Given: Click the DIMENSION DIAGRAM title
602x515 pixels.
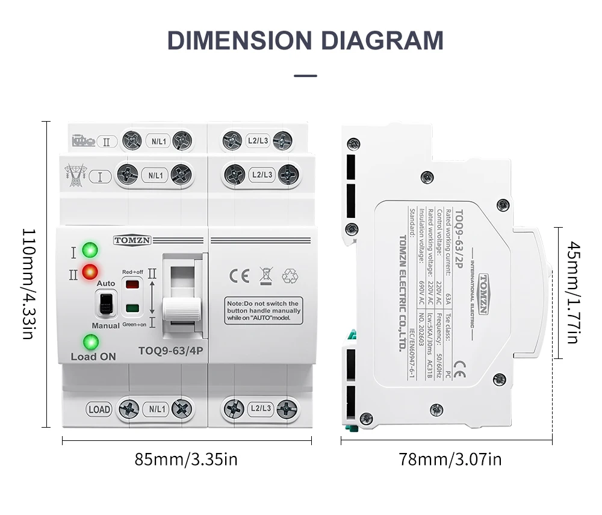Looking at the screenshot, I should point(305,40).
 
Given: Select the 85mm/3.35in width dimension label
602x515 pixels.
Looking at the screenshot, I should point(186,460).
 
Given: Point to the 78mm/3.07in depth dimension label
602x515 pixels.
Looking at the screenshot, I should point(450,460).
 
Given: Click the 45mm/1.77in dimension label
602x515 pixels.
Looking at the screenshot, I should point(573,293).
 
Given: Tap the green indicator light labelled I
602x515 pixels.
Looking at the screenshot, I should point(90,249).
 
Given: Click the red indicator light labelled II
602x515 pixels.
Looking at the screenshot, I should point(90,271).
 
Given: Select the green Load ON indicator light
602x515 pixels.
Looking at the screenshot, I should point(91,342).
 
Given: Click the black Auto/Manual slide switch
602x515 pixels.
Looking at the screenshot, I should point(105,304).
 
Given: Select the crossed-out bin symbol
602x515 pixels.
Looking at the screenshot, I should point(265,275).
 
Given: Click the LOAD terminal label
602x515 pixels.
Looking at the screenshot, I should point(99,410).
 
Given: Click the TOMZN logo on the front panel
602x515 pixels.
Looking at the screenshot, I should point(133,240).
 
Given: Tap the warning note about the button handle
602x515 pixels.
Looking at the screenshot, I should point(263,311).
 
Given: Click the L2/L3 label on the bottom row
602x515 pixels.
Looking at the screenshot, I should point(261,409).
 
